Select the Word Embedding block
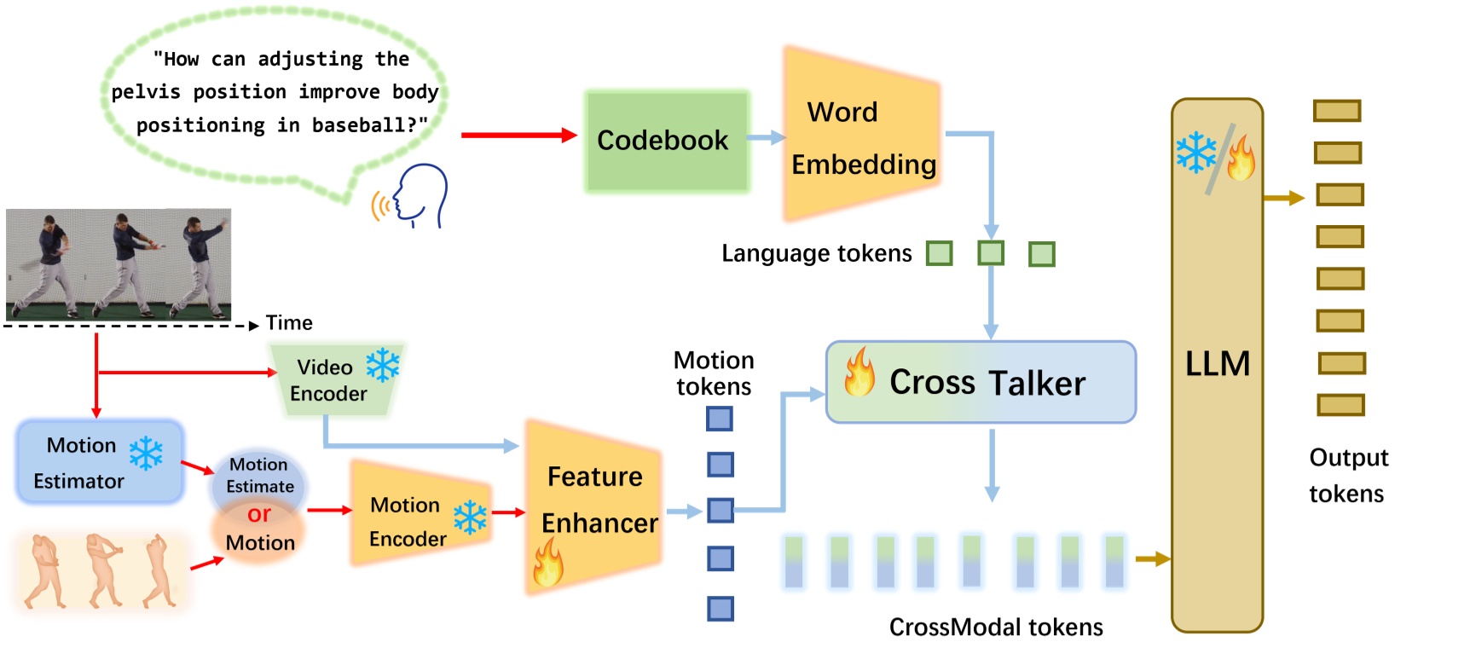pos(861,136)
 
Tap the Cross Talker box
pos(981,383)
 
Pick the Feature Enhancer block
pos(594,503)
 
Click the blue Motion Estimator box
pos(100,461)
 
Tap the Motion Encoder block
pos(409,520)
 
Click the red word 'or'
pos(259,514)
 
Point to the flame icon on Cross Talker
pos(859,373)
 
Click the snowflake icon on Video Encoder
pos(383,364)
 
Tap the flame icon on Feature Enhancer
pos(548,563)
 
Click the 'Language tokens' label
pos(816,254)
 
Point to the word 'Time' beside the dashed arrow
pos(289,323)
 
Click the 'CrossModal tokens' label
pos(995,627)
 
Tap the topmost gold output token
pos(1336,111)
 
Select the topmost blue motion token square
pos(720,419)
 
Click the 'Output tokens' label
pos(1348,476)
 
